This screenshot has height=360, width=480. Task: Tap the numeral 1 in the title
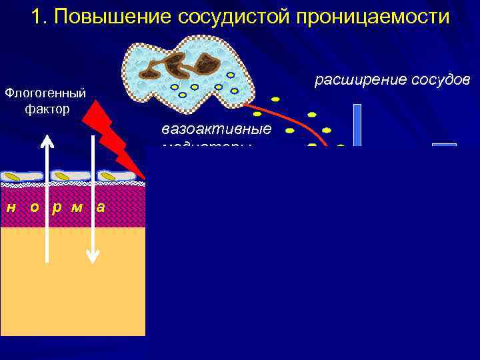coord(36,16)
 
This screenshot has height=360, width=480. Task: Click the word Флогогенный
coord(45,91)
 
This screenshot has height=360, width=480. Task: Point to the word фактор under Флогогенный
coord(47,108)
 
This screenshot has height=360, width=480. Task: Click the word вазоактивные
coord(216,129)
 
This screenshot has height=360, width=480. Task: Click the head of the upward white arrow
coord(46,141)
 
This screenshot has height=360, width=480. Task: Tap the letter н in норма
coord(11,207)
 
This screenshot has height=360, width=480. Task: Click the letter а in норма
coord(101,207)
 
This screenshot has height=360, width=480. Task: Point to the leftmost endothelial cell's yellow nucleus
coord(13,177)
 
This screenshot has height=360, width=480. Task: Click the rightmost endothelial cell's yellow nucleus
coord(109,176)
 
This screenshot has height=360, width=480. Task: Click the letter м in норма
coord(77,207)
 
